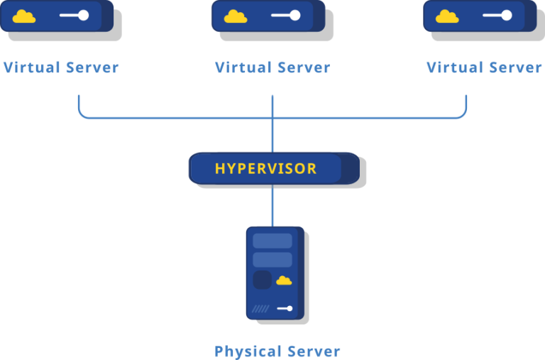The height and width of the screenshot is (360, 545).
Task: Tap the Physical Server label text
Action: pyautogui.click(x=277, y=351)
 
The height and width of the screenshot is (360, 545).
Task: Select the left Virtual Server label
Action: pyautogui.click(x=60, y=67)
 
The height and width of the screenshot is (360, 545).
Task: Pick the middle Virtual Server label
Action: pyautogui.click(x=272, y=67)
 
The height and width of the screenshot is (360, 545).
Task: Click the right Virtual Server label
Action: pyautogui.click(x=484, y=67)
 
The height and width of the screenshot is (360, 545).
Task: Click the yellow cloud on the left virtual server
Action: pyautogui.click(x=24, y=16)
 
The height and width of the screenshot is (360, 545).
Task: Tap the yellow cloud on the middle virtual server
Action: pyautogui.click(x=236, y=16)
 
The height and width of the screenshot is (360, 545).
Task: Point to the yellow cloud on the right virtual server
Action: pyautogui.click(x=447, y=16)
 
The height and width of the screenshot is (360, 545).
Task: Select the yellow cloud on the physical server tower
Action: pyautogui.click(x=284, y=280)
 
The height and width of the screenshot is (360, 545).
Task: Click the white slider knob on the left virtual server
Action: pyautogui.click(x=83, y=15)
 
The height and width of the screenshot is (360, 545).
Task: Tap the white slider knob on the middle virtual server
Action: pyautogui.click(x=294, y=15)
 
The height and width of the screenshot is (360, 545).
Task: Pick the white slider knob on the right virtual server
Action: pyautogui.click(x=507, y=15)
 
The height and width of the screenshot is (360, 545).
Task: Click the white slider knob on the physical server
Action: pyautogui.click(x=289, y=308)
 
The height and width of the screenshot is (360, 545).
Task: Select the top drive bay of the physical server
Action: pyautogui.click(x=272, y=241)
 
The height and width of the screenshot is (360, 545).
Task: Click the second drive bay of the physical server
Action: pyautogui.click(x=272, y=259)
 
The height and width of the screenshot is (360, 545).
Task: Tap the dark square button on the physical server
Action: pyautogui.click(x=263, y=280)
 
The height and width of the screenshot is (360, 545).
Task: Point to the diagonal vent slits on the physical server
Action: pyautogui.click(x=261, y=308)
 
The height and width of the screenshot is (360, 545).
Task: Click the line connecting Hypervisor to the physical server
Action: pyautogui.click(x=272, y=205)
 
